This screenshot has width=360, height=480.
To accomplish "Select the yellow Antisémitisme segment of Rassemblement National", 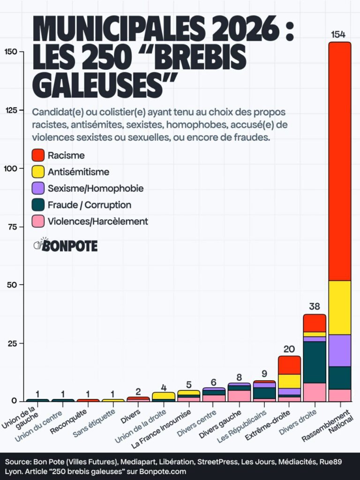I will (340, 307).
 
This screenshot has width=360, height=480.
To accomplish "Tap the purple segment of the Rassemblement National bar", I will (340, 350).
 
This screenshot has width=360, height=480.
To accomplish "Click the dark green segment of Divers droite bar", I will (315, 362).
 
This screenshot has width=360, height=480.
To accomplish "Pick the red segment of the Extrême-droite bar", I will (289, 365).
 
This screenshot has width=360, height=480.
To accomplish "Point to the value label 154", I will (338, 35).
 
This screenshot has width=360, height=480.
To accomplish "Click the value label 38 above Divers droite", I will (315, 307).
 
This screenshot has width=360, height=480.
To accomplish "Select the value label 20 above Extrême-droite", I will (289, 349).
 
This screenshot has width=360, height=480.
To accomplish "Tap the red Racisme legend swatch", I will (38, 155).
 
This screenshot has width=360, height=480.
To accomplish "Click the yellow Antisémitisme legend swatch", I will (38, 172).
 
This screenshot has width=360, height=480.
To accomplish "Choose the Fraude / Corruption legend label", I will (89, 205).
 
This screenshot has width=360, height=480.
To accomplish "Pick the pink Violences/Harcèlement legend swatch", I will (38, 221).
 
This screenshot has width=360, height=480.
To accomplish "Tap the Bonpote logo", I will (66, 245).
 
